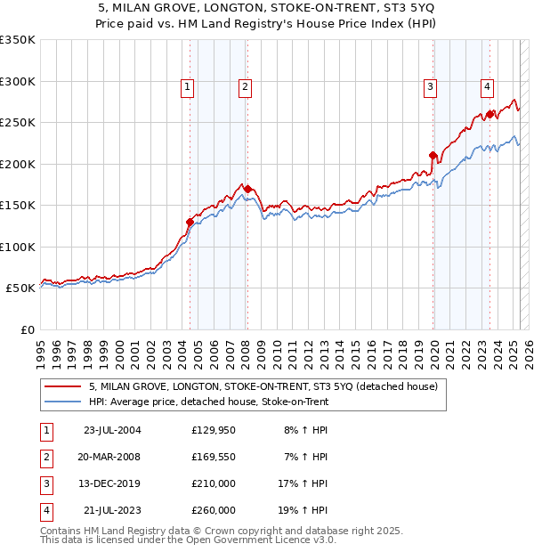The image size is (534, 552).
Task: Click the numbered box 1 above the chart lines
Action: (188, 87)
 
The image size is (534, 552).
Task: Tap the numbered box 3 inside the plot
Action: (430, 87)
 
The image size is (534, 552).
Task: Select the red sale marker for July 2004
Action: (190, 223)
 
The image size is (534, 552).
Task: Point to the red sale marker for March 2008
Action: (247, 190)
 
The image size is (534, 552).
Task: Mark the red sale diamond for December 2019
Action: (433, 156)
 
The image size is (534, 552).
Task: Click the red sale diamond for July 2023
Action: (490, 115)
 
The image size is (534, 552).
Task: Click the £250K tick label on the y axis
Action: (17, 123)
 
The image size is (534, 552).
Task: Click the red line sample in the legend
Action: (62, 387)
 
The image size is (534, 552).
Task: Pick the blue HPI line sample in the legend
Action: (62, 402)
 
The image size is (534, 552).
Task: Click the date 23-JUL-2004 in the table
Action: (111, 430)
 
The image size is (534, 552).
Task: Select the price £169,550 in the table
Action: (214, 457)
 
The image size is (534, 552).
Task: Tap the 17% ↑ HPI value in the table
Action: (303, 483)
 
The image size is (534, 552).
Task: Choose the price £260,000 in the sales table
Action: (214, 510)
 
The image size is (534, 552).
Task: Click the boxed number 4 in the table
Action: (45, 510)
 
